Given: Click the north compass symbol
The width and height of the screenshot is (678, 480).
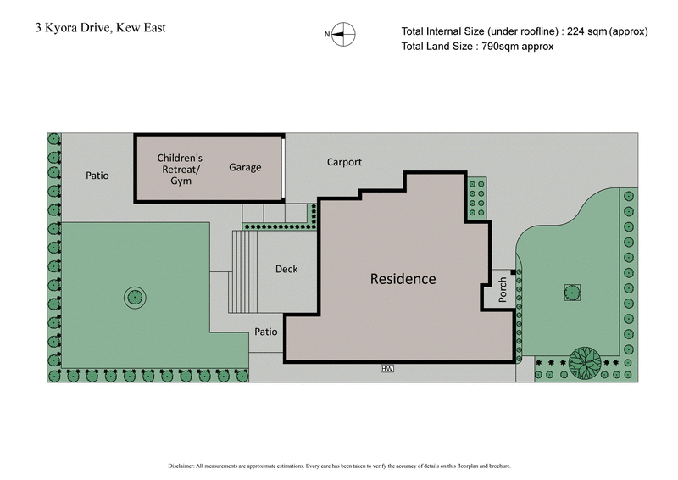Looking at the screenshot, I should pos(343,34).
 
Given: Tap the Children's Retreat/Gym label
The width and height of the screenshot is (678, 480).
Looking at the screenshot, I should pos(181,169).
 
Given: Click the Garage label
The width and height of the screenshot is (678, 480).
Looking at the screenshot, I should pos(245,168).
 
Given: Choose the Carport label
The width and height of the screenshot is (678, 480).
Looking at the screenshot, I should pos(344,162).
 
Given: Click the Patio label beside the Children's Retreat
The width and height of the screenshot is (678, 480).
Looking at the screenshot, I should pos(97,176).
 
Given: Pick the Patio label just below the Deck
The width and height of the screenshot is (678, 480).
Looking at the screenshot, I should pos(266,332).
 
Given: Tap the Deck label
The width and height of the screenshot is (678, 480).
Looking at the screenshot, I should pos(286,270).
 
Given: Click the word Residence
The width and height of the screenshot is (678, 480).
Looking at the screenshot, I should pos(403,279).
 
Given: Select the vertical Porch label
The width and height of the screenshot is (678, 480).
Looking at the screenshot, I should pos(502,288).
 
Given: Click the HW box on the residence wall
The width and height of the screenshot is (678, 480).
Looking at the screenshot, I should pos(387,368).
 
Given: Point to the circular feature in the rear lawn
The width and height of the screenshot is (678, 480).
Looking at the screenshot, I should pos(135,297).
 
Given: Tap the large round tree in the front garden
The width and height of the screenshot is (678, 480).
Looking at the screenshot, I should pos(585,362).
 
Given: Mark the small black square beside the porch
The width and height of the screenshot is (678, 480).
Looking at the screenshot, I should pos(514,271).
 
